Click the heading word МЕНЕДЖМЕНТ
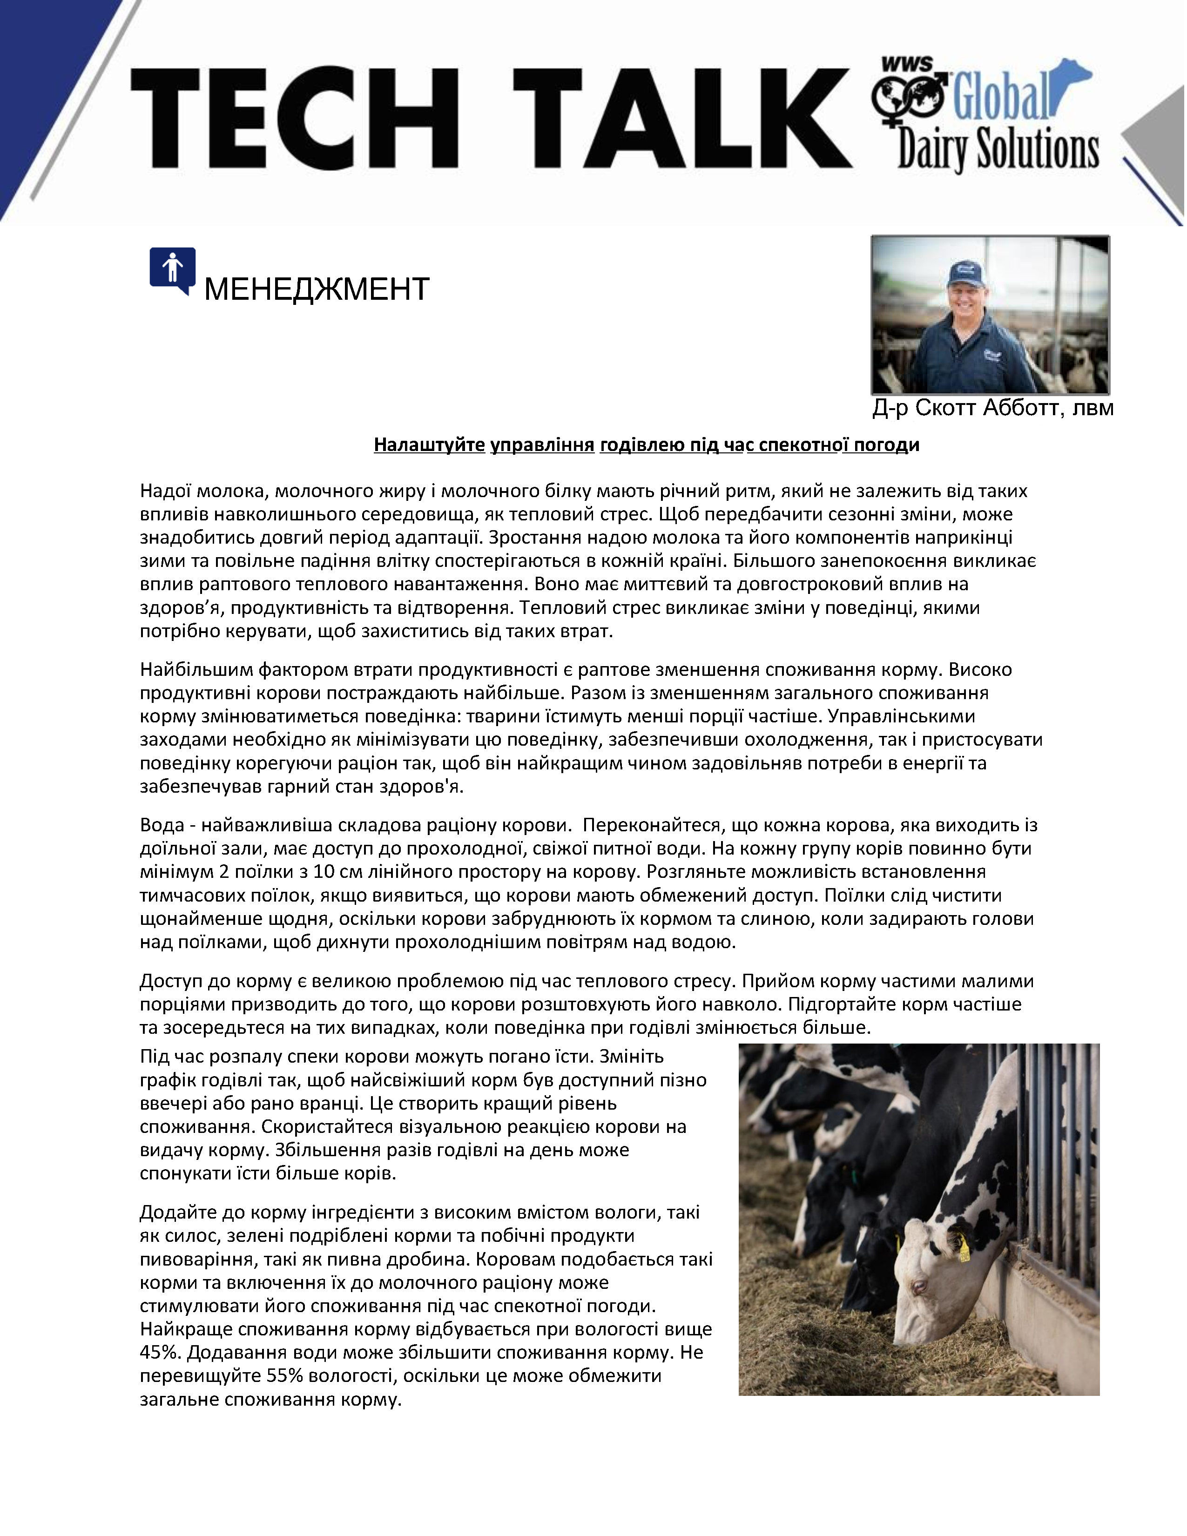[317, 289]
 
